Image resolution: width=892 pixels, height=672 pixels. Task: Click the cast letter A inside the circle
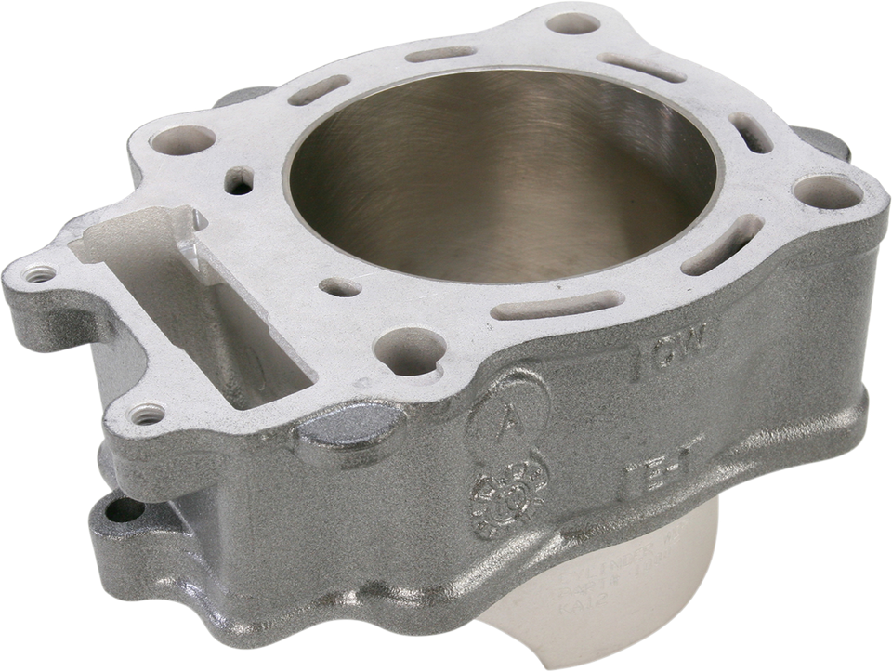pos(510,415)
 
